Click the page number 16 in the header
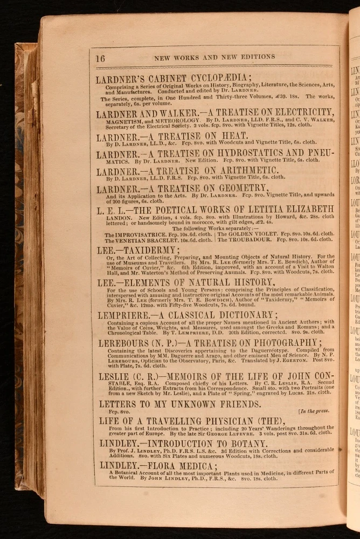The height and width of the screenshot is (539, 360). [x=101, y=58]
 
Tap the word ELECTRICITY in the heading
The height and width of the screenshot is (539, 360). [x=295, y=113]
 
